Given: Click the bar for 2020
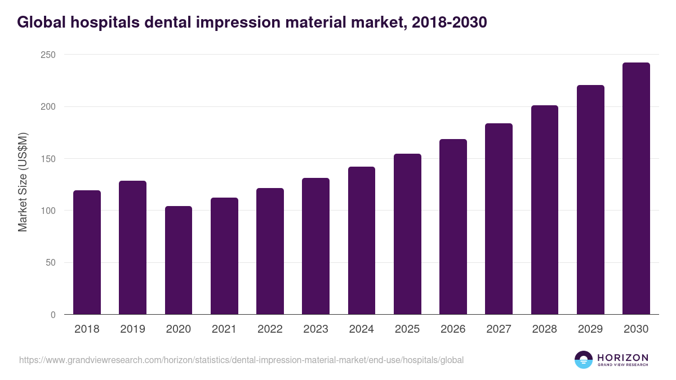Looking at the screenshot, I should coord(179,260).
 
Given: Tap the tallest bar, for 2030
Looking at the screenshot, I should coord(636,189).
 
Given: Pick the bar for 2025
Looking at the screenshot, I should coord(407,234).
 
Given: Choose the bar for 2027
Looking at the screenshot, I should coord(499,219).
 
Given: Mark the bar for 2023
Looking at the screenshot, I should coord(315,246).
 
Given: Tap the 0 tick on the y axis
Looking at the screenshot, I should coord(53,315).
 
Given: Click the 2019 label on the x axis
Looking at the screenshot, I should coord(132,329).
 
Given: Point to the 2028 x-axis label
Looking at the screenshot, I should coord(544,329).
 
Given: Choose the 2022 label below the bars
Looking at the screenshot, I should coord(270,329).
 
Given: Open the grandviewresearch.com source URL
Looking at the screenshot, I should coord(241,360).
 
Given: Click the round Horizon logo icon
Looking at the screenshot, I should coord(584,360).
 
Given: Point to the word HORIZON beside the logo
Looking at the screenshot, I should coord(622,357).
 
